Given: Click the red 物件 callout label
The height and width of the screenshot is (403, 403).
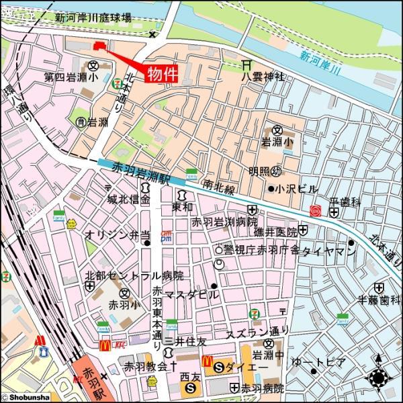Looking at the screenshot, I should tap(162, 73).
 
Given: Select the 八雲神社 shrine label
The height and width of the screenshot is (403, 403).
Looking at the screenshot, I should tap(263, 77).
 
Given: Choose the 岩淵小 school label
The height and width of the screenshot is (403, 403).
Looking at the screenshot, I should tap(277, 142).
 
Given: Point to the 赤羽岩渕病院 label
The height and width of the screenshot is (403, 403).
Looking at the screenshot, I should tap(224, 221).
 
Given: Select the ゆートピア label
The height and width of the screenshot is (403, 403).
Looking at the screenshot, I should tap(318, 362).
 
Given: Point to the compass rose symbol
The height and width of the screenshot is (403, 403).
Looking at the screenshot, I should tap(378, 378).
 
